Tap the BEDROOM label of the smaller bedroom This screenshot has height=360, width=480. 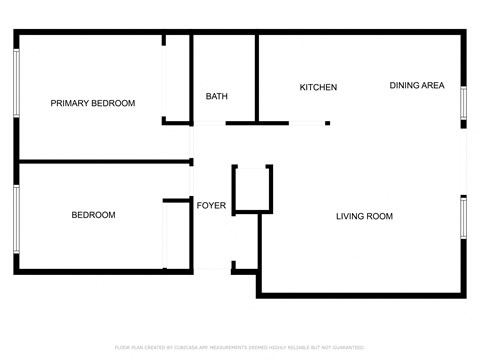[x=93, y=215]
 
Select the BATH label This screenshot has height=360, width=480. [x=217, y=97]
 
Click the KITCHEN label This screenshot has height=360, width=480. [x=318, y=88]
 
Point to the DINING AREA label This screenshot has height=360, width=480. [x=417, y=86]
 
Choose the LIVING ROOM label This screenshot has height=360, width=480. [x=364, y=216]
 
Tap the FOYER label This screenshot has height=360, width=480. [x=211, y=206]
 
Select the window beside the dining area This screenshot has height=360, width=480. [x=463, y=105]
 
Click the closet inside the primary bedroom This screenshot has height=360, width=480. [x=177, y=80]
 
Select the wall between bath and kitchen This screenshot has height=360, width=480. [x=257, y=80]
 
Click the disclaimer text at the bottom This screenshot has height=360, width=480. [x=240, y=347]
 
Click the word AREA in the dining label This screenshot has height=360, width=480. [x=432, y=86]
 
